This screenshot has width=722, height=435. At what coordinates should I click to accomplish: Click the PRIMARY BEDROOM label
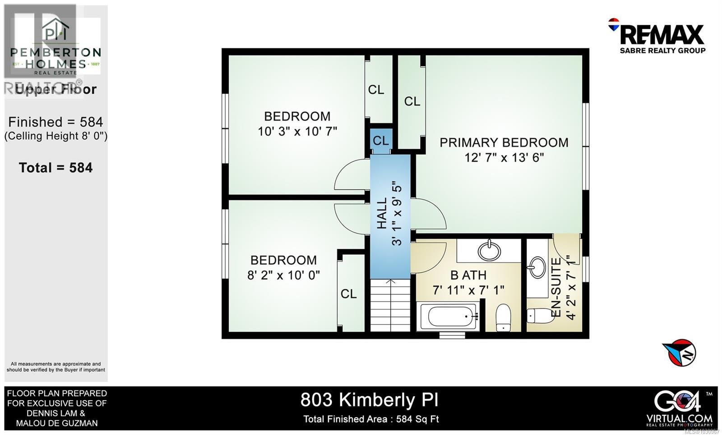pyautogui.click(x=504, y=142)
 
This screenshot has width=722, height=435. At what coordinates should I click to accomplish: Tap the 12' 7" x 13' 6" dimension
pyautogui.click(x=504, y=158)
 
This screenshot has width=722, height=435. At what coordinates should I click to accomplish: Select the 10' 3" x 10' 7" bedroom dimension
pyautogui.click(x=297, y=132)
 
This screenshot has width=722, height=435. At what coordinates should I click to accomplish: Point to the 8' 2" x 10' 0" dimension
pyautogui.click(x=283, y=275)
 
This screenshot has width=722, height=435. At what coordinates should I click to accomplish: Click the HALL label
pyautogui.click(x=382, y=213)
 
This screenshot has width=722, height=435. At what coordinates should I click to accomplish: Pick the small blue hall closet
pyautogui.click(x=381, y=141)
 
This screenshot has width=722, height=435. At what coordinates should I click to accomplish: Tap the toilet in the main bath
pyautogui.click(x=503, y=317)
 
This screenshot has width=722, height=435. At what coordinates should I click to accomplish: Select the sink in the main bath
pyautogui.click(x=489, y=250)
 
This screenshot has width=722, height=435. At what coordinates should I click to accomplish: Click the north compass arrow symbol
pyautogui.click(x=680, y=353)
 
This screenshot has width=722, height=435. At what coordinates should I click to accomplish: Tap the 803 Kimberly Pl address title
pyautogui.click(x=369, y=400)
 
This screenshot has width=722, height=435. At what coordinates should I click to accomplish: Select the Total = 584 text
pyautogui.click(x=56, y=168)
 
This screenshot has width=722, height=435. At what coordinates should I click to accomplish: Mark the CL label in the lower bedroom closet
pyautogui.click(x=348, y=294)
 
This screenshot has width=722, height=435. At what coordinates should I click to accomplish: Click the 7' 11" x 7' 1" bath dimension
pyautogui.click(x=468, y=290)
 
